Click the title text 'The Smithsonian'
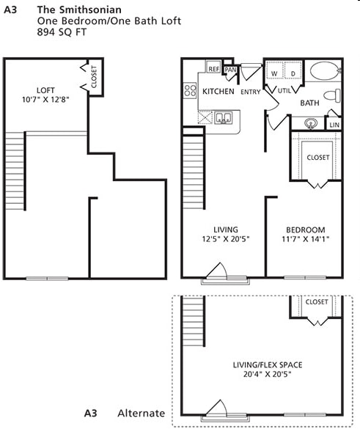(x=79, y=10)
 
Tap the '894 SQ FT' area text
(x=62, y=32)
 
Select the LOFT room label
(x=45, y=90)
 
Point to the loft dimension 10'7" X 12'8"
(x=45, y=99)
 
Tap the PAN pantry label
(x=230, y=70)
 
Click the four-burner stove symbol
(x=190, y=90)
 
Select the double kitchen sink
(x=224, y=118)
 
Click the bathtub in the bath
(x=325, y=70)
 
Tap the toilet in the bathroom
(x=332, y=95)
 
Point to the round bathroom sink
(x=311, y=123)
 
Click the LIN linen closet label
(x=334, y=125)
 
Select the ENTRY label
(x=250, y=92)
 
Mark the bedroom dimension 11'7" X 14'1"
(x=305, y=239)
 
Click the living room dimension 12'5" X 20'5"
(x=226, y=239)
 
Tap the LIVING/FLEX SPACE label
(x=268, y=364)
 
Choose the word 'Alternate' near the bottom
(x=141, y=414)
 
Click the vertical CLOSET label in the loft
(x=94, y=76)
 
